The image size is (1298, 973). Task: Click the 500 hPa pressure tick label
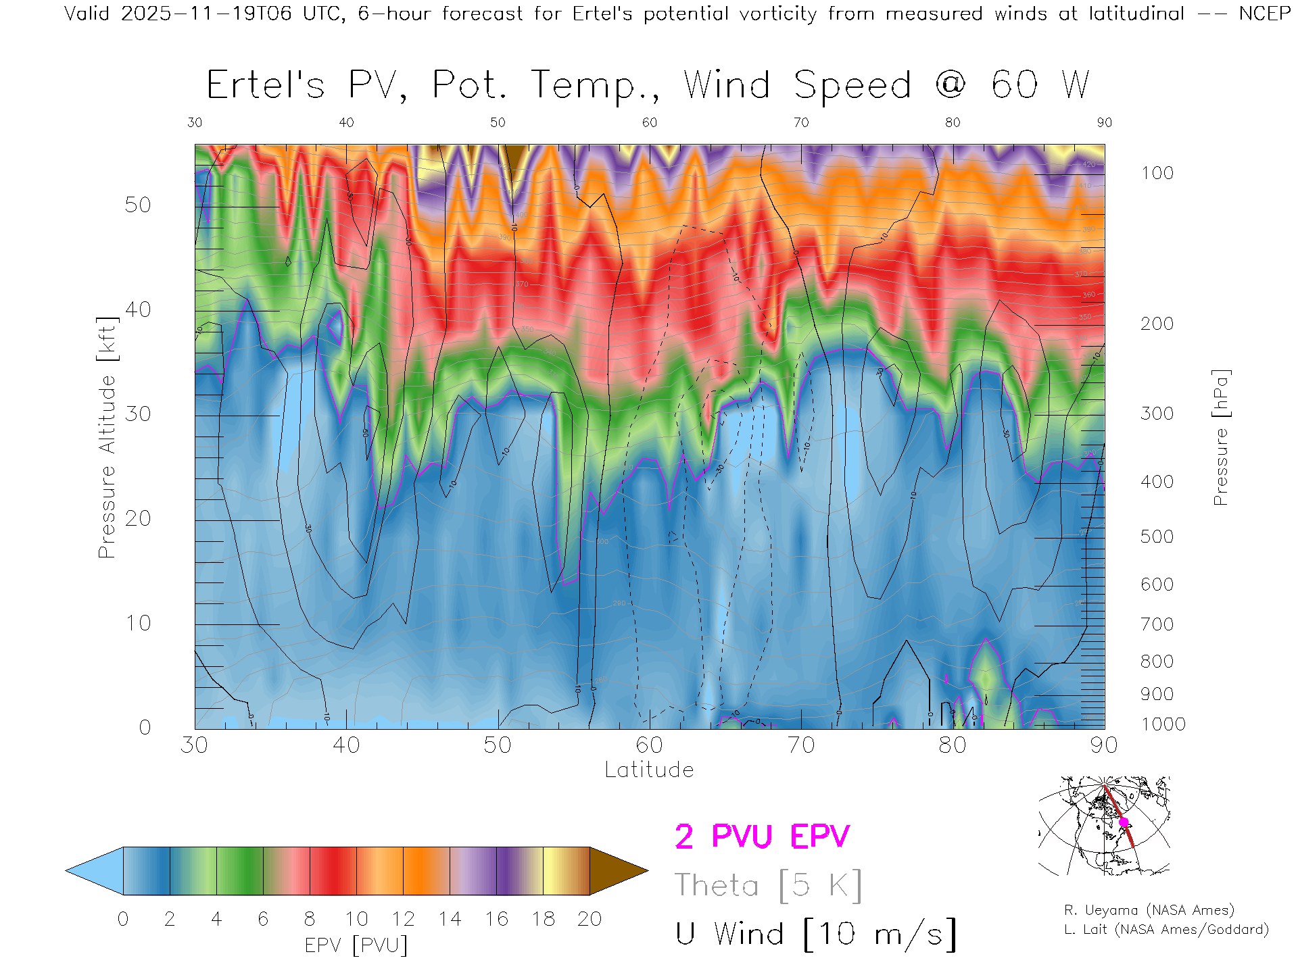pos(1157,537)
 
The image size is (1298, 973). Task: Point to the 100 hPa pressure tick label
pos(1157,173)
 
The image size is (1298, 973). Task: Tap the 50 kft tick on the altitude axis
pos(138,205)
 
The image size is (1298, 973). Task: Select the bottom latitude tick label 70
pos(801,745)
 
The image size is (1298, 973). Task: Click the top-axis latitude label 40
pos(346,122)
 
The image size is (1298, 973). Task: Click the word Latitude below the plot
pos(649,770)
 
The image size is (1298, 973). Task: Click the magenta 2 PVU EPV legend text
pos(762,837)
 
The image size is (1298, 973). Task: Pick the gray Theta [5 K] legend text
pos(768,885)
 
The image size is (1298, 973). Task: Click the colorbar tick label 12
pos(403,919)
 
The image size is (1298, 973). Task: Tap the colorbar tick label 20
pos(590,919)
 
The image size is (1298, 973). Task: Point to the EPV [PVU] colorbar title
pos(356,945)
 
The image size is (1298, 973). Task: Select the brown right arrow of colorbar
pos(617,871)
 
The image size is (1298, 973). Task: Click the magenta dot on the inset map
pos(1124,822)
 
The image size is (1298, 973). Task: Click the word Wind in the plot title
pos(727,85)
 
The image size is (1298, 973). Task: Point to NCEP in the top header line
pos(1264,14)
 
